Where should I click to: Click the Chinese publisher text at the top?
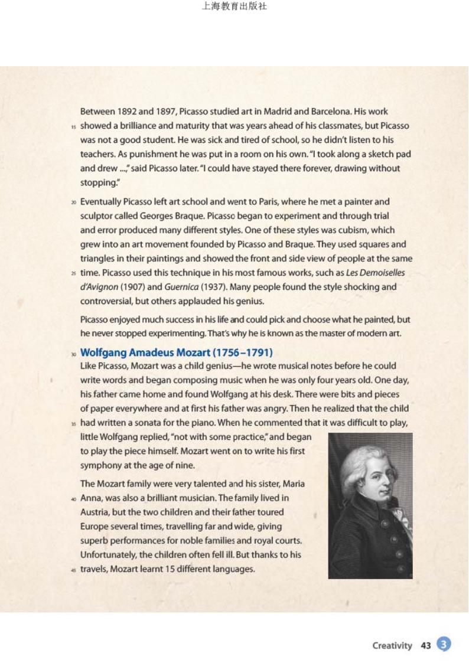[234, 7]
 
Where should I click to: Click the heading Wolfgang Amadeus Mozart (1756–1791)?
[176, 352]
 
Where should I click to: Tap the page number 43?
[425, 645]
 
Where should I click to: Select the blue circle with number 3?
[444, 645]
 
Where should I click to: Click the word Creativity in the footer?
[392, 645]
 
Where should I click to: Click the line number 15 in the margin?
[74, 126]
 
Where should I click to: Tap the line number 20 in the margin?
[74, 202]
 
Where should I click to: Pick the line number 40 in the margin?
[74, 498]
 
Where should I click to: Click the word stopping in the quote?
[97, 182]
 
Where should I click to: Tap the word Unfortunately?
[109, 554]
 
